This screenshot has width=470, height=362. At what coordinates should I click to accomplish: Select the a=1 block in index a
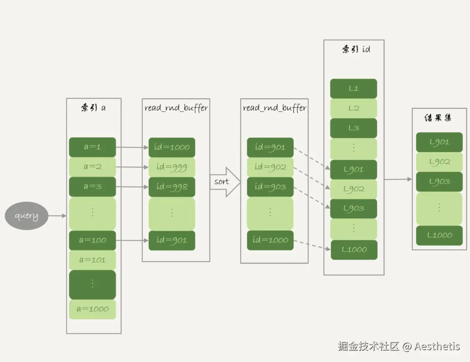(x=92, y=147)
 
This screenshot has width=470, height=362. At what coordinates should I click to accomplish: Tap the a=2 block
(x=92, y=167)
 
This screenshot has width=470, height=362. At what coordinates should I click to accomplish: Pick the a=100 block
(x=92, y=240)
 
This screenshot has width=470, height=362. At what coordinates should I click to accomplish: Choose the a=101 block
(x=92, y=260)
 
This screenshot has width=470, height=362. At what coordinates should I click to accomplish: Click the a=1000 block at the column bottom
(x=92, y=309)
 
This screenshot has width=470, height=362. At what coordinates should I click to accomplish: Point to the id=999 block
(x=172, y=167)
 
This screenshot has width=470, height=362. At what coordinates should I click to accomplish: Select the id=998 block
(x=172, y=187)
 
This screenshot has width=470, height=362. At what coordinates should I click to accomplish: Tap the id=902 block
(x=270, y=167)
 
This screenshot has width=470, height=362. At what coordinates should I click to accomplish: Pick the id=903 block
(x=270, y=187)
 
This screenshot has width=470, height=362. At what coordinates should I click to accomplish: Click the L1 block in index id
(x=354, y=88)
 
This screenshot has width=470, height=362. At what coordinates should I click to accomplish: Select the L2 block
(x=354, y=108)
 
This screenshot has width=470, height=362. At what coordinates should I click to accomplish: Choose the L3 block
(x=354, y=128)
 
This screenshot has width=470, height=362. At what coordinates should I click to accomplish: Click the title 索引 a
(x=93, y=108)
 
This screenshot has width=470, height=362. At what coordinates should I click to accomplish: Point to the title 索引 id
(x=356, y=49)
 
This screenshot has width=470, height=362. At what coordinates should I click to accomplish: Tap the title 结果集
(x=438, y=118)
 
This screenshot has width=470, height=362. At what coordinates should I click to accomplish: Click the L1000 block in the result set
(x=439, y=235)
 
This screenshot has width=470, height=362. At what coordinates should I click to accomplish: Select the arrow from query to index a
(x=57, y=216)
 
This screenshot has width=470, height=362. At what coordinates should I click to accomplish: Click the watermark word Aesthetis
(x=437, y=346)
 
